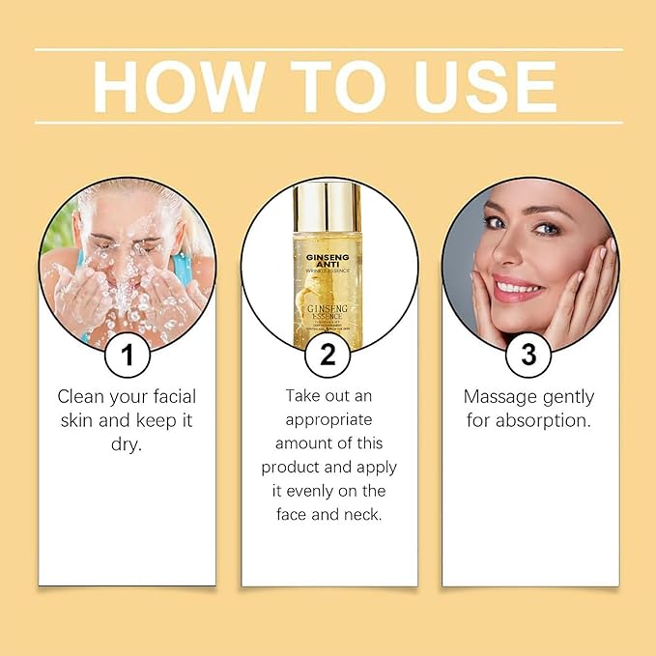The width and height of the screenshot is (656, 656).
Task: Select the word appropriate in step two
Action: pyautogui.click(x=328, y=419)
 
